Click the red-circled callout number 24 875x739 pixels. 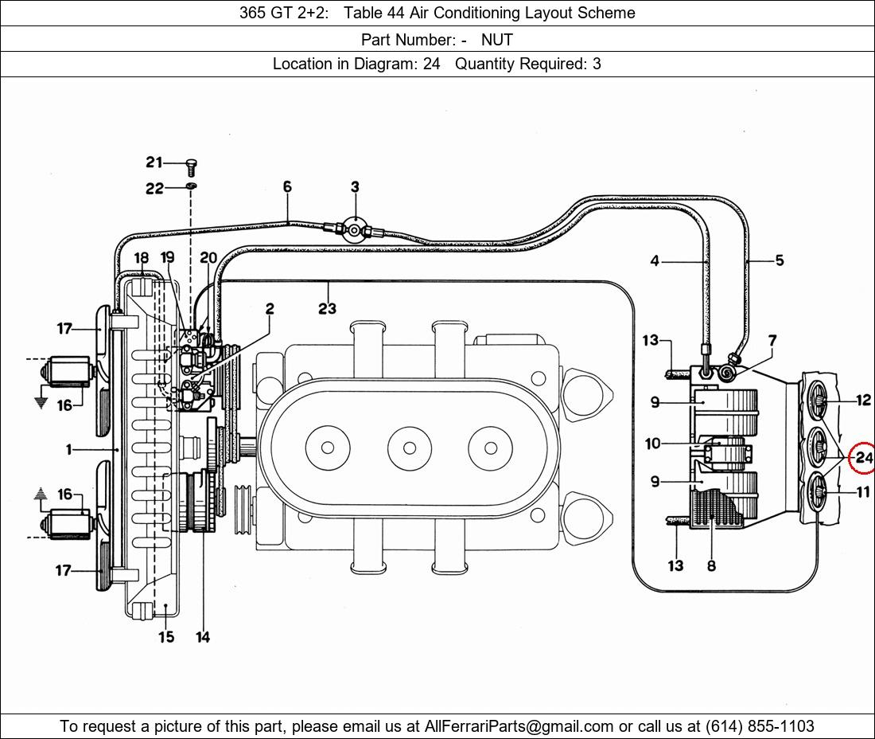(864, 458)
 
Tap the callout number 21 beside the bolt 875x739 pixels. (154, 162)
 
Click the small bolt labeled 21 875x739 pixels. (191, 166)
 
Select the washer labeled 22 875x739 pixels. (191, 186)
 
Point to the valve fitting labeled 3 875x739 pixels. (354, 229)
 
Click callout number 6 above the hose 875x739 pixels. (287, 187)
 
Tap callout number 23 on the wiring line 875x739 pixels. (327, 308)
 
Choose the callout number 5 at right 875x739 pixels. (780, 260)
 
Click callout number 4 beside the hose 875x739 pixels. (655, 260)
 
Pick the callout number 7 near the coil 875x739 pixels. (772, 341)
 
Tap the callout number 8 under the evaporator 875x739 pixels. (711, 566)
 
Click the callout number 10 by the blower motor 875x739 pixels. (652, 444)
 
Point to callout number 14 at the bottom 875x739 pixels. (203, 637)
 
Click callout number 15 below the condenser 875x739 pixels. (165, 637)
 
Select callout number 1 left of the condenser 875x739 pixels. (69, 450)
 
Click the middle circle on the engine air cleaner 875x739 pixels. (409, 448)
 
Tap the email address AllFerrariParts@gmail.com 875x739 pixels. (519, 726)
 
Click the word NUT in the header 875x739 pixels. (497, 39)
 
